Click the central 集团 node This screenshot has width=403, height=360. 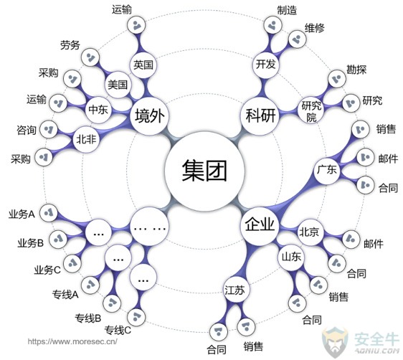(204, 171)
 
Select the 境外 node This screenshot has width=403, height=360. (149, 116)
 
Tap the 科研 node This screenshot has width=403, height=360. (260, 115)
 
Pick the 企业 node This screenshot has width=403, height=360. (260, 226)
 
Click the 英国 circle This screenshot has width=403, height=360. (143, 65)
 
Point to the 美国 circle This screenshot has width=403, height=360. (118, 85)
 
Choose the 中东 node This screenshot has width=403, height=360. (98, 110)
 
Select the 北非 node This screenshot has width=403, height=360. (86, 140)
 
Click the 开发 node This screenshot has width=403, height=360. (265, 64)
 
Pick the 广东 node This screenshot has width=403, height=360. (327, 171)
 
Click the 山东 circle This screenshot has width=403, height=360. (291, 257)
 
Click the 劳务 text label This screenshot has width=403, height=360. (70, 45)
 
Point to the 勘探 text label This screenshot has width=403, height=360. (356, 70)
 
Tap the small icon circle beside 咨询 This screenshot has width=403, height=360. (48, 129)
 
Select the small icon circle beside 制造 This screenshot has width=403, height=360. (272, 24)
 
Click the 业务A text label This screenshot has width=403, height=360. (22, 214)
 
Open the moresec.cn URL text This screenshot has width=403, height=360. (72, 341)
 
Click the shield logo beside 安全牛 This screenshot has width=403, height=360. (336, 342)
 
